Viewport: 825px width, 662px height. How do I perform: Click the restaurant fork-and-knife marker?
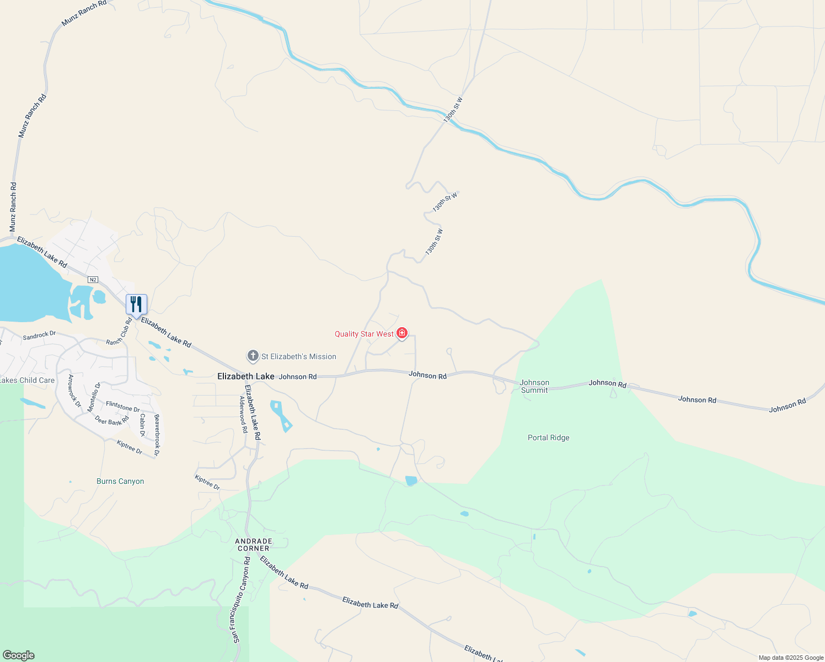coord(136,305)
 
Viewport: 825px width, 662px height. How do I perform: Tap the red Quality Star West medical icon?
coord(402,333)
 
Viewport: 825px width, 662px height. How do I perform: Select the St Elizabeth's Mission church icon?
coord(253,356)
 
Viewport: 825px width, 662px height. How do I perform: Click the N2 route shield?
coord(93,280)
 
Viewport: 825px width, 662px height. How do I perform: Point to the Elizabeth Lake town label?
coord(245,376)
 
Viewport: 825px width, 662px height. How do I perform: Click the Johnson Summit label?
coord(534,386)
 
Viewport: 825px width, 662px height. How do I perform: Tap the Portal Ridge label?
coord(548,437)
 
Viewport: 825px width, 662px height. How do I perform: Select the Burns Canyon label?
coord(120,481)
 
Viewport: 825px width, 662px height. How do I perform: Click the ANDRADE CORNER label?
coord(254,544)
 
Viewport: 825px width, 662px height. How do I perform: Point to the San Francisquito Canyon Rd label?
coord(241,600)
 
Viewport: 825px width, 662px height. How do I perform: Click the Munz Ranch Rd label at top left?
coord(84,13)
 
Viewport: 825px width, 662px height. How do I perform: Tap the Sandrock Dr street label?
coord(39,335)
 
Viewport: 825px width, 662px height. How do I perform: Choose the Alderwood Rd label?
coord(243,414)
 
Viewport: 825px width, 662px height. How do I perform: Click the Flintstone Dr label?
coord(122,407)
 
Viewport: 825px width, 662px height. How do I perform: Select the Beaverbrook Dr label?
coord(157,435)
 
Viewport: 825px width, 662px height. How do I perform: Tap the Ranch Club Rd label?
coord(119,332)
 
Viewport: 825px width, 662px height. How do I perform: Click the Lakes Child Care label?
coord(28,380)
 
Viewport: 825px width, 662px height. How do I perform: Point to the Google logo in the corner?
coord(18,655)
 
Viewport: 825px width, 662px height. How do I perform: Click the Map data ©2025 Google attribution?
coord(791,658)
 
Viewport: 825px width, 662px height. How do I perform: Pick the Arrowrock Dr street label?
coord(74,391)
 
